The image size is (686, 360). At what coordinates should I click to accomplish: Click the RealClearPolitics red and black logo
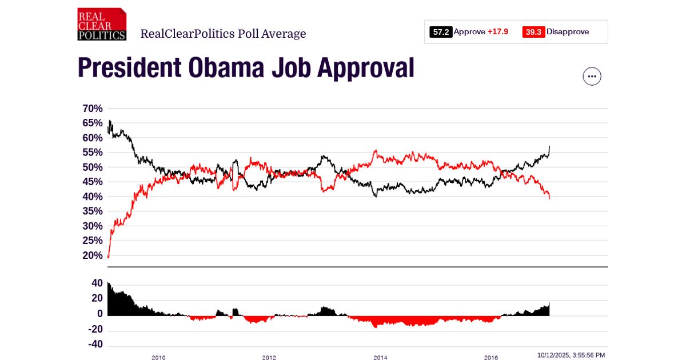[x=102, y=25]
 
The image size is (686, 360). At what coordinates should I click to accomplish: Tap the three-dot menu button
[x=592, y=76]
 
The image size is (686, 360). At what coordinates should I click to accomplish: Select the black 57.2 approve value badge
[x=441, y=32]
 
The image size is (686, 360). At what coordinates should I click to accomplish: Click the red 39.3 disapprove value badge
[x=533, y=32]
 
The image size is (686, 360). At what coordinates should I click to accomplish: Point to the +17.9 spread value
[x=497, y=32]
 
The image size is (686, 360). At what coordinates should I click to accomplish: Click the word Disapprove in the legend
[x=567, y=32]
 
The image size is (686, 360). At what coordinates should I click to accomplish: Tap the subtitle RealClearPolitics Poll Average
[x=223, y=34]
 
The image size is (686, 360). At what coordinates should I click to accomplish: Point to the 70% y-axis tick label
[x=93, y=109]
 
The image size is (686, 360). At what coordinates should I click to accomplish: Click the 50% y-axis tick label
[x=93, y=167]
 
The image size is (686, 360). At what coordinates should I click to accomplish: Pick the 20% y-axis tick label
[x=93, y=255]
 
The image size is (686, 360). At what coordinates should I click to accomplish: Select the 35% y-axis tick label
[x=93, y=211]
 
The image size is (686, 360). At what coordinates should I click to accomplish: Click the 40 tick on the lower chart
[x=97, y=283]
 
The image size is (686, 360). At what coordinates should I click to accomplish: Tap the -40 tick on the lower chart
[x=95, y=345]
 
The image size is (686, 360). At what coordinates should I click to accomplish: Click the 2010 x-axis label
[x=158, y=358]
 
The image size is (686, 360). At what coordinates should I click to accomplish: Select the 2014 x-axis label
[x=380, y=358]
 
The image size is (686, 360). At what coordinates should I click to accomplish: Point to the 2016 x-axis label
[x=490, y=358]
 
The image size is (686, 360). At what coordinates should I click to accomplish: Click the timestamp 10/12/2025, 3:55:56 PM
[x=571, y=355]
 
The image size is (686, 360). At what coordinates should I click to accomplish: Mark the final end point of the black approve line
[x=549, y=147]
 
